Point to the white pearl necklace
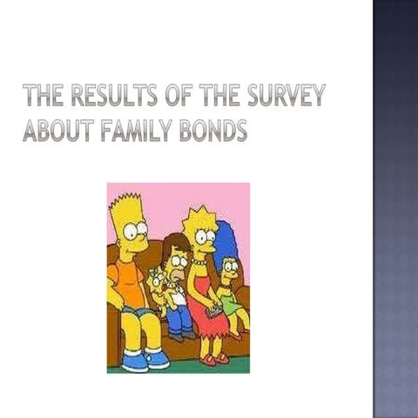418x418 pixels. [x=201, y=260]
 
